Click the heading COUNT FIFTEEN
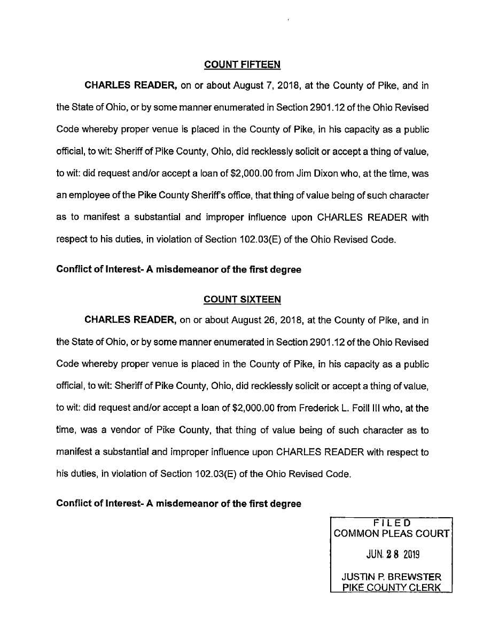pos(242,65)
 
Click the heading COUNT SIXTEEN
pos(242,300)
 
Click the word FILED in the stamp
pos(392,522)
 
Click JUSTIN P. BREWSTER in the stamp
pos(392,577)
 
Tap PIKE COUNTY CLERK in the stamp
pos(392,588)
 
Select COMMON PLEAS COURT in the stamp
pos(392,533)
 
